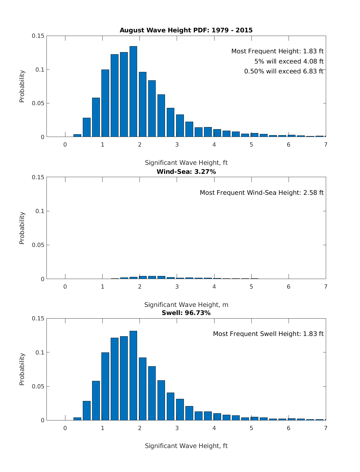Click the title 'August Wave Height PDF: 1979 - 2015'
pyautogui.click(x=186, y=30)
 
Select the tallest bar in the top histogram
pyautogui.click(x=133, y=91)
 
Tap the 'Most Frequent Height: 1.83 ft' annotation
pyautogui.click(x=277, y=51)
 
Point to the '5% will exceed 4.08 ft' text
pyautogui.click(x=289, y=61)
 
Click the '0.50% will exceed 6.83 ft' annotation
pyautogui.click(x=283, y=71)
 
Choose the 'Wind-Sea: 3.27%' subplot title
pyautogui.click(x=186, y=172)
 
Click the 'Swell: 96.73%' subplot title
pyautogui.click(x=186, y=313)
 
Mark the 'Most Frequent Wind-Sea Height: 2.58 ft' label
pyautogui.click(x=262, y=193)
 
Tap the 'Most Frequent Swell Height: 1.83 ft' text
pyautogui.click(x=268, y=334)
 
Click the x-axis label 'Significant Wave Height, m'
pyautogui.click(x=186, y=305)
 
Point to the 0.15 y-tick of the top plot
pyautogui.click(x=38, y=36)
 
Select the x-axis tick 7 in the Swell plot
pyautogui.click(x=326, y=428)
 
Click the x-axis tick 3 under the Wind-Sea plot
pyautogui.click(x=177, y=287)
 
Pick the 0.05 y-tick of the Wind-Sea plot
pyautogui.click(x=38, y=245)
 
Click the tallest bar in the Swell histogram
pyautogui.click(x=133, y=376)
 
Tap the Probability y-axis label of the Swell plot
pyautogui.click(x=22, y=369)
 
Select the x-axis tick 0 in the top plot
pyautogui.click(x=65, y=144)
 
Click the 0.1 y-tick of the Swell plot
pyautogui.click(x=40, y=352)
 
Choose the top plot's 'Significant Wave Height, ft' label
pyautogui.click(x=186, y=163)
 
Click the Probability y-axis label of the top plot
pyautogui.click(x=22, y=86)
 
